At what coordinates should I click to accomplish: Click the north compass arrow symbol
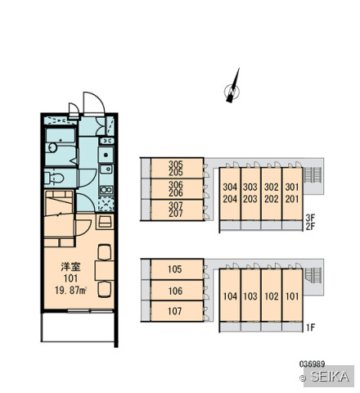tap(232, 87)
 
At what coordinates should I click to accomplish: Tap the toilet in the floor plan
tap(55, 178)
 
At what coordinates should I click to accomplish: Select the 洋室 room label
tap(70, 267)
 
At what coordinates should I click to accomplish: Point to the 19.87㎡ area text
tap(70, 291)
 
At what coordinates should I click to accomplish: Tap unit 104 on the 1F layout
tap(230, 296)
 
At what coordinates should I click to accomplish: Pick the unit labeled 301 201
tap(292, 193)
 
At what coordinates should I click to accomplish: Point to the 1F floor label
tap(310, 327)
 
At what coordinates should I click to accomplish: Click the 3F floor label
tap(310, 218)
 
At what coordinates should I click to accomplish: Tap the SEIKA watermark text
tap(330, 377)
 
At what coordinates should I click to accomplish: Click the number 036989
tap(312, 364)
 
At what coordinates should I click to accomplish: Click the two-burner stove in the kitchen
tap(106, 190)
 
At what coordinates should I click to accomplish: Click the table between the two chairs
tap(105, 270)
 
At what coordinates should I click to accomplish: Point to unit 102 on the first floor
tap(272, 296)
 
